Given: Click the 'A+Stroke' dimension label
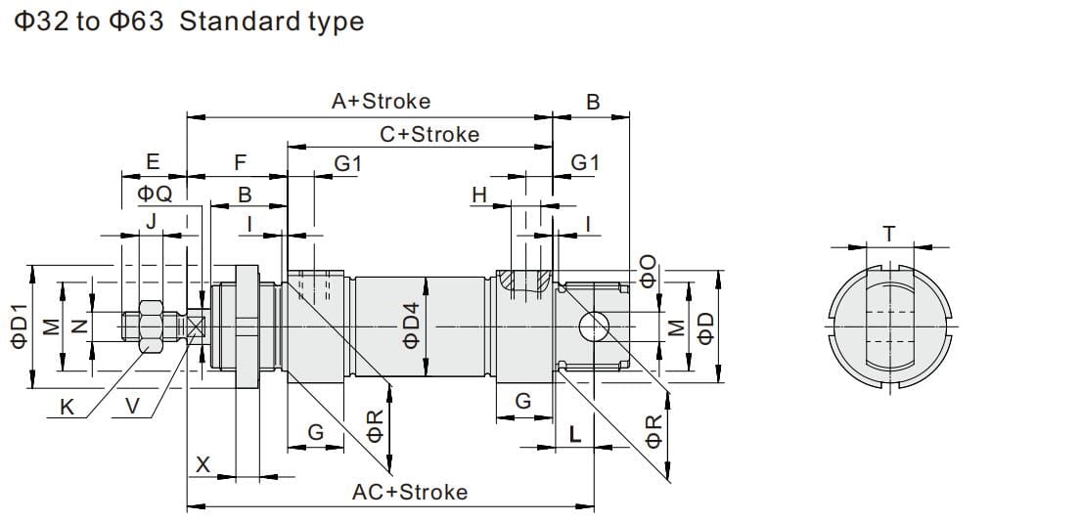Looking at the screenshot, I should (x=381, y=101).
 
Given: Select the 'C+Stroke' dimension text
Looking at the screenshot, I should (x=429, y=134).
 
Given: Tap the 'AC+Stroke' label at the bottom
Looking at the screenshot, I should (x=409, y=492).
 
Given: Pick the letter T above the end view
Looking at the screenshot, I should (x=888, y=234).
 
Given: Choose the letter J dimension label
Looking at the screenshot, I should (x=150, y=222).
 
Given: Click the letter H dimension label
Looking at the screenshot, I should (x=478, y=196).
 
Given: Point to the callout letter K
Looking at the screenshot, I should (x=67, y=408).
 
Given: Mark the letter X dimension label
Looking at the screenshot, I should (x=203, y=465).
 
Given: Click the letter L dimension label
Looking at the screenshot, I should (x=575, y=435).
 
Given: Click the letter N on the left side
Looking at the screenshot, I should (x=82, y=326).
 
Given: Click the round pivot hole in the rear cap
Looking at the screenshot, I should (x=594, y=326).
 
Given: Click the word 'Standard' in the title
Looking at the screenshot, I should (x=225, y=22).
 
